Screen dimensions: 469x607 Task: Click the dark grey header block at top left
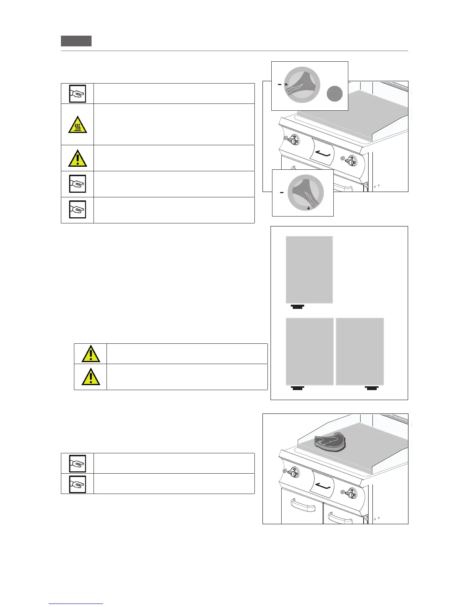(76, 41)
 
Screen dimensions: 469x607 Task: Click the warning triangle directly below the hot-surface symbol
(77, 158)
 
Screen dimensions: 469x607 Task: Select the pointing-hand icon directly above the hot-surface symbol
(77, 94)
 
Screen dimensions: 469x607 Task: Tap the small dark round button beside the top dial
(335, 94)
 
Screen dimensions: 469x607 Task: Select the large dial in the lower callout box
(305, 193)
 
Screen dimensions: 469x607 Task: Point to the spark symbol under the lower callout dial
(308, 208)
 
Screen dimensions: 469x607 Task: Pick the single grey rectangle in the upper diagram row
(309, 269)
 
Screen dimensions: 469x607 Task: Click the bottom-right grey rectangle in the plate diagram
(360, 351)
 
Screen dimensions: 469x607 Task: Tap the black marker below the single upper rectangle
(297, 306)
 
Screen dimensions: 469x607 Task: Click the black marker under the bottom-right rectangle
(372, 388)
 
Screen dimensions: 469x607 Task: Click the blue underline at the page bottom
(76, 604)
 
